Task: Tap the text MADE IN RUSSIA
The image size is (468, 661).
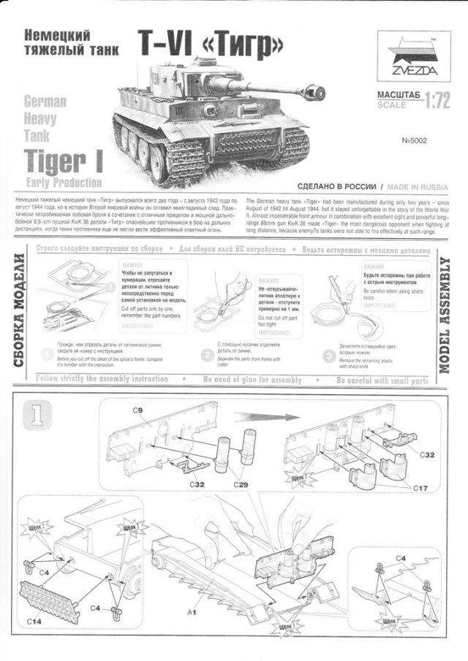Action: (x=420, y=186)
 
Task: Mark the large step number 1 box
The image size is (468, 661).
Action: (x=37, y=416)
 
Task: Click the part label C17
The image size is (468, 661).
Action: (x=420, y=487)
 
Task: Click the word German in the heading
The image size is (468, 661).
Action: (x=45, y=102)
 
